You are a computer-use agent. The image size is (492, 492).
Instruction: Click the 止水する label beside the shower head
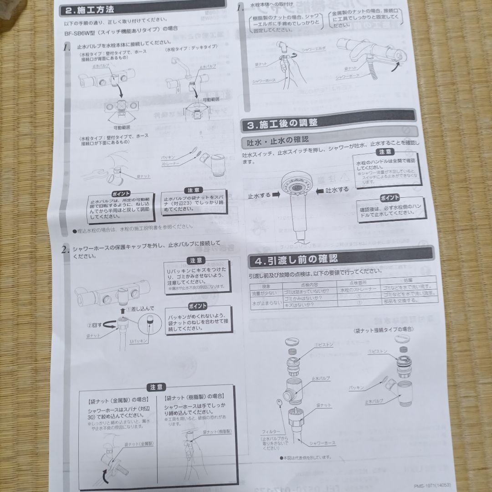259,195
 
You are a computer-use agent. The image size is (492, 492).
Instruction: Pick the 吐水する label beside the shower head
336,190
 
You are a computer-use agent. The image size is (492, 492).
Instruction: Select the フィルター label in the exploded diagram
271,431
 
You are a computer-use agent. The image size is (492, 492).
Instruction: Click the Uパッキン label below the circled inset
138,341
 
